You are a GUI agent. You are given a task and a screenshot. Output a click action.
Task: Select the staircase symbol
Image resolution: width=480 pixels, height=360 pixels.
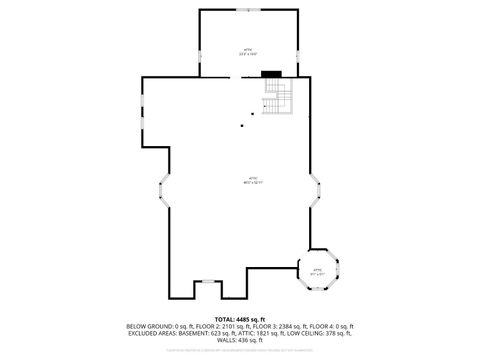(277, 96)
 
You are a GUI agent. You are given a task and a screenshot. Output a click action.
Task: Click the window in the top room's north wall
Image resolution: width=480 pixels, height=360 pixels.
(248, 9)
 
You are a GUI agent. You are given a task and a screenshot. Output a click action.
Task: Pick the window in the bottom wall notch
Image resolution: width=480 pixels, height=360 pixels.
(207, 282)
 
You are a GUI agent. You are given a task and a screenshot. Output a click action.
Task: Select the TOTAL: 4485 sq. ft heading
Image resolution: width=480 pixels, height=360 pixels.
(240, 319)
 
